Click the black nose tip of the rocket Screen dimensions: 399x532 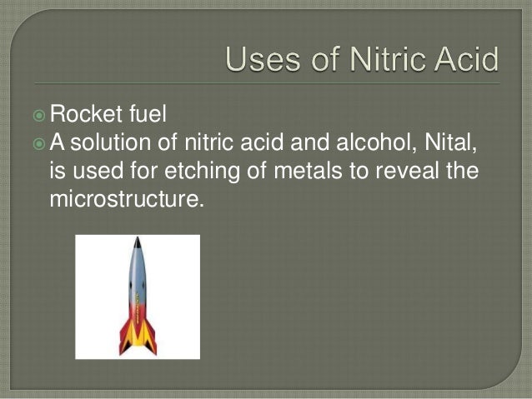(136, 241)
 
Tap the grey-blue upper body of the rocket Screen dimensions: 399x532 (137, 275)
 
